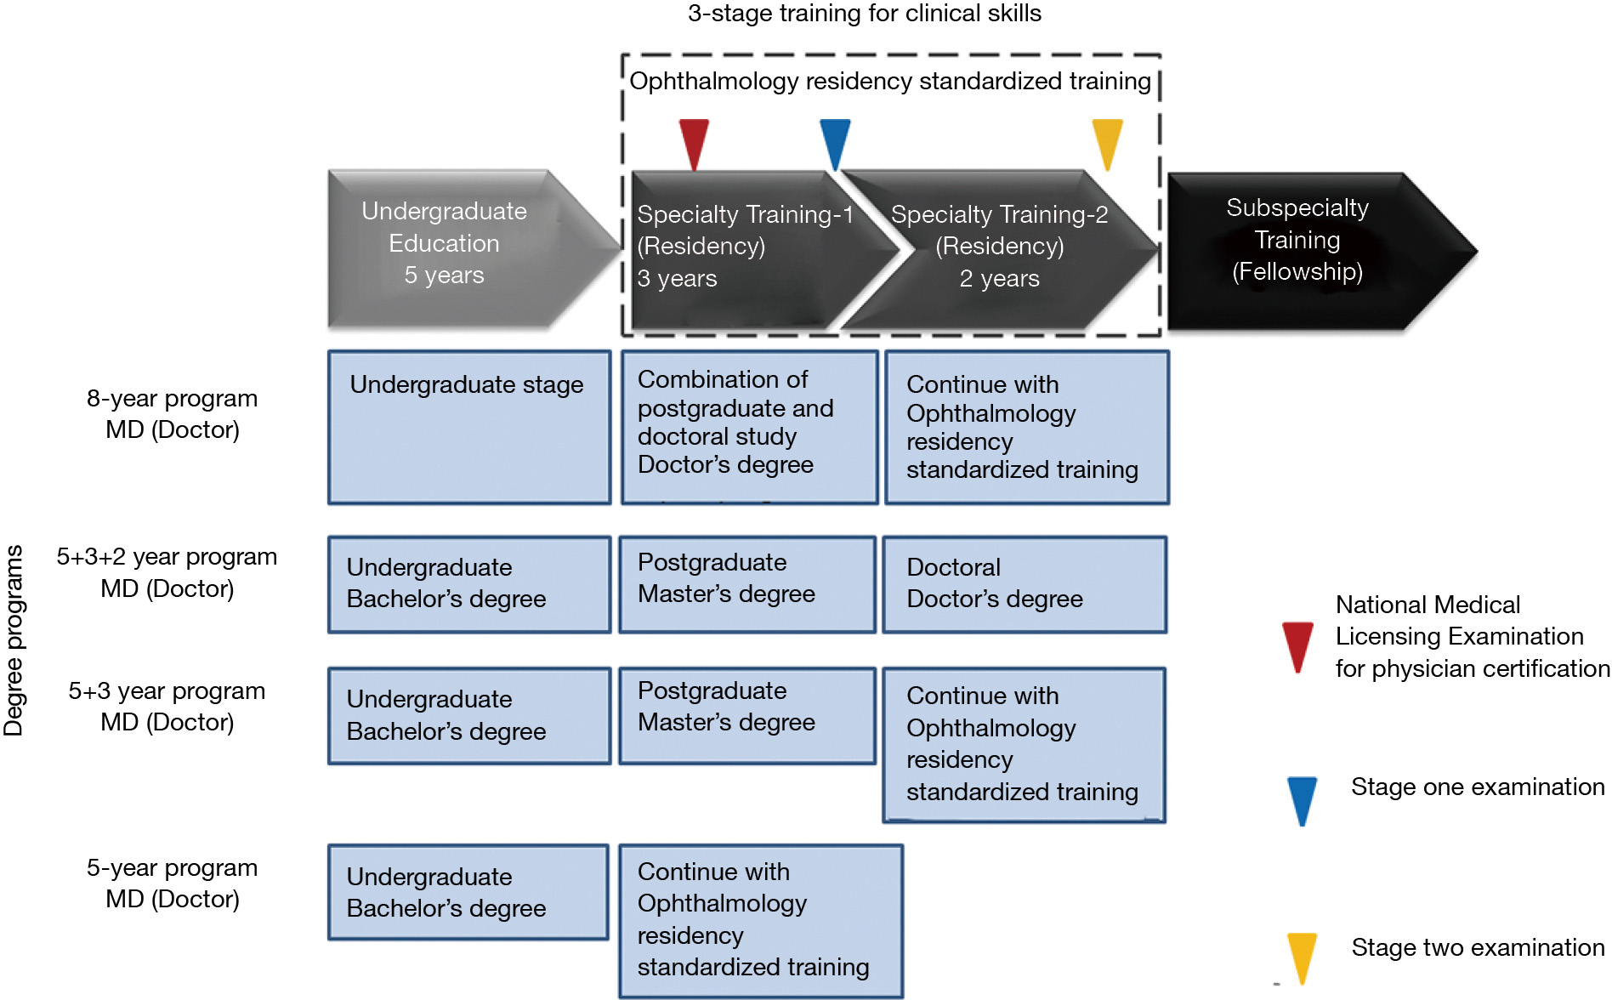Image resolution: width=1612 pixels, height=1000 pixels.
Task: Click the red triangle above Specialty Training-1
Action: [x=694, y=141]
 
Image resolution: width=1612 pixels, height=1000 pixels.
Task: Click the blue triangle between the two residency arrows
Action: [x=834, y=141]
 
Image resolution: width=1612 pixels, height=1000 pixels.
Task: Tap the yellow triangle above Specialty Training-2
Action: [x=1107, y=141]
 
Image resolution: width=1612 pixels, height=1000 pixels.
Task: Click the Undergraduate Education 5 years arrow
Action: [x=459, y=248]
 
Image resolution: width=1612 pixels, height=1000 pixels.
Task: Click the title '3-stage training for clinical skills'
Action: [x=864, y=14]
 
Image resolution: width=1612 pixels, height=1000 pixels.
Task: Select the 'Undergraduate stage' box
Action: [x=469, y=427]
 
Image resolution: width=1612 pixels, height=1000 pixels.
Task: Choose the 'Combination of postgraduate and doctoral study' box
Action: [x=749, y=427]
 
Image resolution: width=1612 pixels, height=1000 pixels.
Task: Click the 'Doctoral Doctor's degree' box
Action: [x=1025, y=584]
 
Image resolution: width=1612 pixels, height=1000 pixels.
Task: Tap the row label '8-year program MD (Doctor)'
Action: [x=172, y=414]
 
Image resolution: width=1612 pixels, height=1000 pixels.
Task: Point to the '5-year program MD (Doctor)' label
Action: [x=172, y=884]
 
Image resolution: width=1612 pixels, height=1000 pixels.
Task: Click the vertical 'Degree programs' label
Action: [x=14, y=639]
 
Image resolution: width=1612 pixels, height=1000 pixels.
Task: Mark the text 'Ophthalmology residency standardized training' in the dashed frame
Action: [x=889, y=82]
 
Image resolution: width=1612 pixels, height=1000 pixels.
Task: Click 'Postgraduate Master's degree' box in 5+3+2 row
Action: [x=746, y=583]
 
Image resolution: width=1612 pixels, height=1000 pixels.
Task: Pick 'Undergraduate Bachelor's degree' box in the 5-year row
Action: [x=468, y=892]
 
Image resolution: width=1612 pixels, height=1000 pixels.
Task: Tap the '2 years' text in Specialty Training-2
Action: [x=999, y=279]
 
